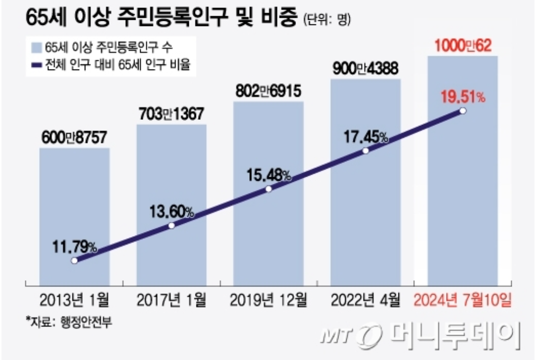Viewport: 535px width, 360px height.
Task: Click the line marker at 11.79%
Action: [x=75, y=261]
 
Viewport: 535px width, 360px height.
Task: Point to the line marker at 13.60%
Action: [x=172, y=226]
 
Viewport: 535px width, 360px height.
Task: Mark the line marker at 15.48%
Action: [x=269, y=189]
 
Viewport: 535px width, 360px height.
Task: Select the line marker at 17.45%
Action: [x=365, y=151]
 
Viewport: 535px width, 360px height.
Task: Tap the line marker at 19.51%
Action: [x=462, y=111]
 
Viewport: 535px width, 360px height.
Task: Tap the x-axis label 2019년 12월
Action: [x=269, y=300]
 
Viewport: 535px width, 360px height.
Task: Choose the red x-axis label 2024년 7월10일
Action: [x=462, y=300]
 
